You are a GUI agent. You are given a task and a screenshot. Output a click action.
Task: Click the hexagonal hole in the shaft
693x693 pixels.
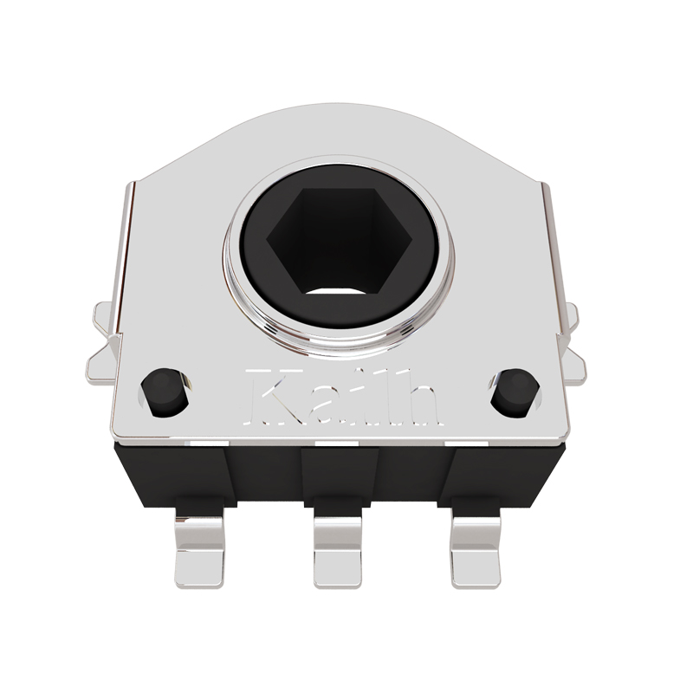point(340,241)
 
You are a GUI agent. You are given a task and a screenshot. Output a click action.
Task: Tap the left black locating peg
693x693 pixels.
point(165,392)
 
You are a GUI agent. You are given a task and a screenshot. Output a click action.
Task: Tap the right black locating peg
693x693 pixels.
point(513,392)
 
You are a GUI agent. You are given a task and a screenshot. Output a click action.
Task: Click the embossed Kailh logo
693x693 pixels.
point(342,398)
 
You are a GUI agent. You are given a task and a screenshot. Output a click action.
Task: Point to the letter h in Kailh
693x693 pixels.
point(420,398)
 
